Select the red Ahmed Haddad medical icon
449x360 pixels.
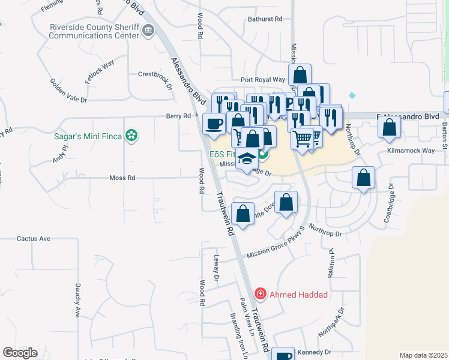[260, 294]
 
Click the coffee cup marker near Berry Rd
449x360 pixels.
[214, 124]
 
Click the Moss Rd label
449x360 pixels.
[122, 178]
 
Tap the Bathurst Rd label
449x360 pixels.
[265, 19]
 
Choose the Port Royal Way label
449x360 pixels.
[263, 79]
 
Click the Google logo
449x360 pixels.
[20, 353]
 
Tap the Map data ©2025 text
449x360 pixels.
[423, 355]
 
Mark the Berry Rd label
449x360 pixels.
[178, 116]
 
